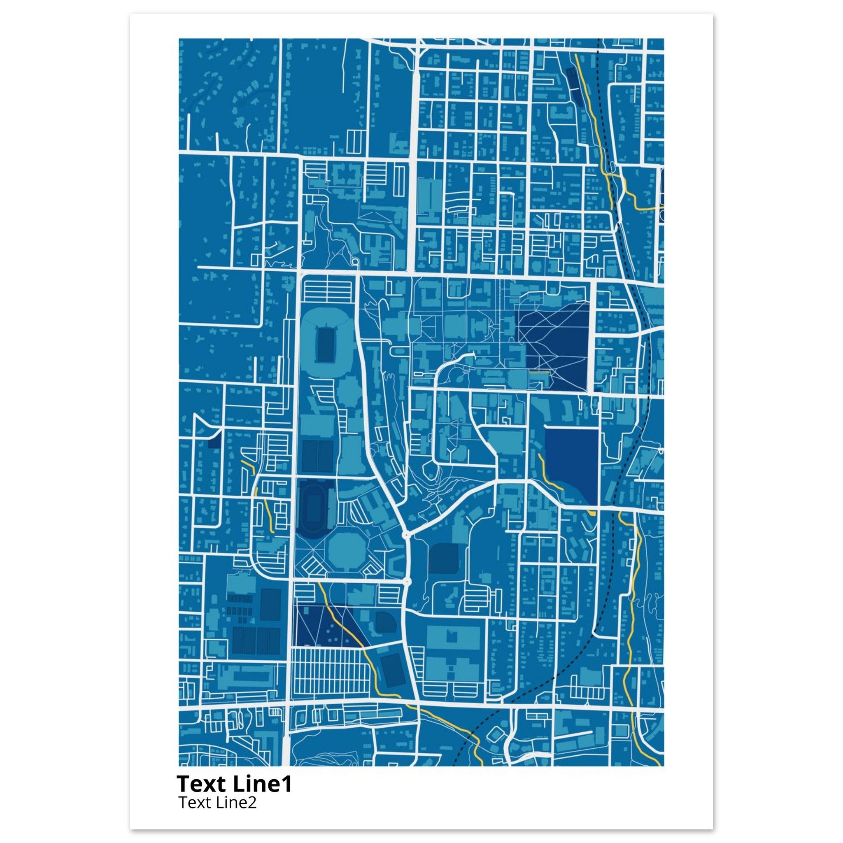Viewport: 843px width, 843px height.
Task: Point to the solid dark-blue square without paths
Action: pos(572,463)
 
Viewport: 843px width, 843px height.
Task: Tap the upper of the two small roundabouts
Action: pos(407,534)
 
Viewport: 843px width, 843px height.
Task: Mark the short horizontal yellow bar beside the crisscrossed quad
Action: pos(539,372)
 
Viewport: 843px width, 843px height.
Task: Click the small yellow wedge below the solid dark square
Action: pos(592,514)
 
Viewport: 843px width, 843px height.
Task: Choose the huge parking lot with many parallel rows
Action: pos(332,681)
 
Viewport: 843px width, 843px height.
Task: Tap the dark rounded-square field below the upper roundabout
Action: pos(443,558)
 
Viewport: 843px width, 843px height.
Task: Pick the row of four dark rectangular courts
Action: pos(256,640)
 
